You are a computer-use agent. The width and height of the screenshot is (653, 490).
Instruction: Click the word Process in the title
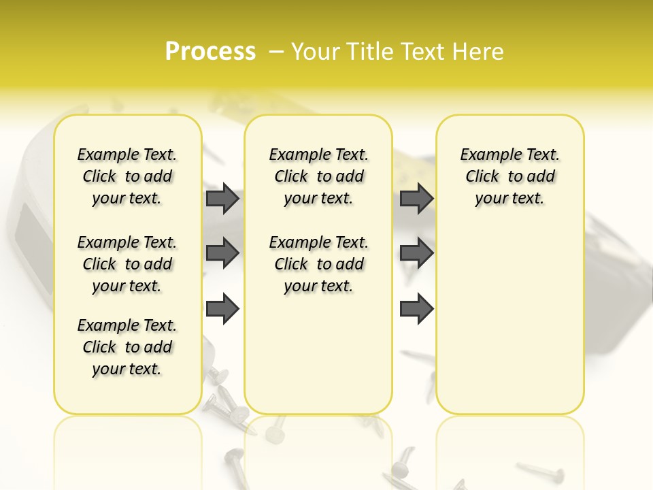click(210, 51)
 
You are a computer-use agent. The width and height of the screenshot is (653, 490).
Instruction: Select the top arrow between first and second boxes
click(222, 199)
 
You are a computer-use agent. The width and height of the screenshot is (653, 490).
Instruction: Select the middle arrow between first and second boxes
click(222, 253)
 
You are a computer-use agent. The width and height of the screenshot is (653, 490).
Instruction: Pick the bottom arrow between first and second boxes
click(222, 308)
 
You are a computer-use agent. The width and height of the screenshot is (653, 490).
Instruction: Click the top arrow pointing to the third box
click(416, 199)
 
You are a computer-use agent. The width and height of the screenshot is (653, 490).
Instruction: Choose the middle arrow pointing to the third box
click(416, 253)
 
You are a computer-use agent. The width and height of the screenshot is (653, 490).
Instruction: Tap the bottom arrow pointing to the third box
click(416, 309)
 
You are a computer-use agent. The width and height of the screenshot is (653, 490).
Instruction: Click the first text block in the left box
click(127, 176)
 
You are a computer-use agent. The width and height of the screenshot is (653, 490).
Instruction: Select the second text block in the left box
click(127, 264)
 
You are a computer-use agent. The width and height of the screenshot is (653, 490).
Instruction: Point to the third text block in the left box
click(127, 347)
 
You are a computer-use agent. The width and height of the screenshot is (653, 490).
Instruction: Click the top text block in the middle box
click(318, 176)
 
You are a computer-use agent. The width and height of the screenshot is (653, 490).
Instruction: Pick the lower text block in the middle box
click(318, 264)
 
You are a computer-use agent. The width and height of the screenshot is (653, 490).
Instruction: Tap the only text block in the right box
click(509, 176)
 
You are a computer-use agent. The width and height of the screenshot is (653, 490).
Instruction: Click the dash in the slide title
click(276, 51)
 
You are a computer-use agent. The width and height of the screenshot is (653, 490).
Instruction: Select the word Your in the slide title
click(314, 51)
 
